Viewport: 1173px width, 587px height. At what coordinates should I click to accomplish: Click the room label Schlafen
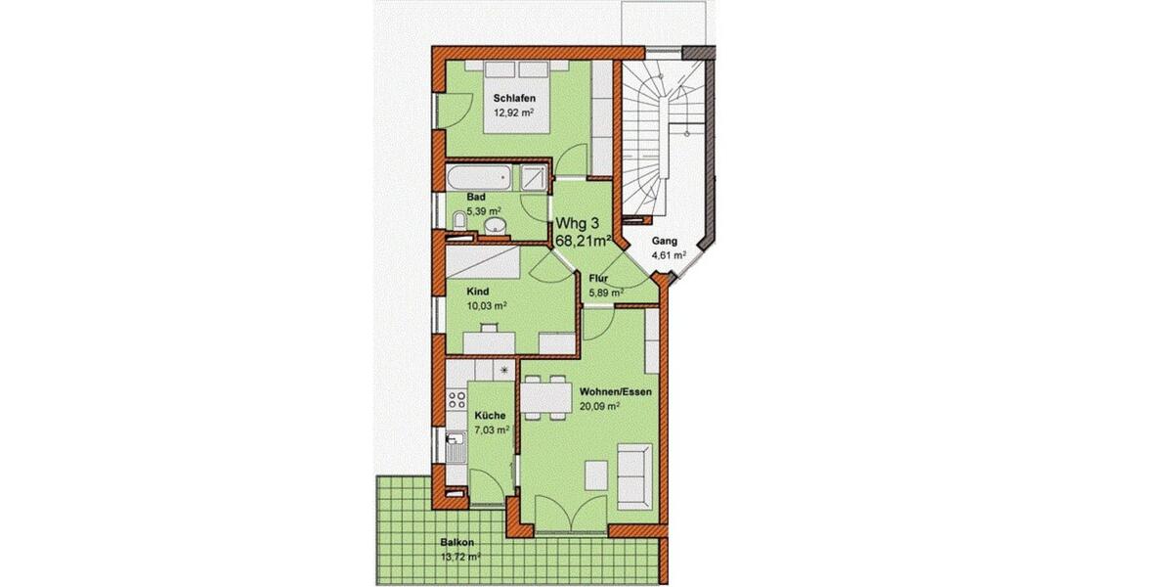(x=513, y=99)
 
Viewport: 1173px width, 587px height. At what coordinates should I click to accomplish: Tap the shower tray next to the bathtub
(x=534, y=178)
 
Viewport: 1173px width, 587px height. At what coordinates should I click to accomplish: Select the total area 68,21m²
(x=585, y=238)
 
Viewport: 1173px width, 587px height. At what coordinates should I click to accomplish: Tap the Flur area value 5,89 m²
(x=606, y=292)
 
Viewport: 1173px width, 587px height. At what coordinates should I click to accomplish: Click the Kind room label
(x=478, y=292)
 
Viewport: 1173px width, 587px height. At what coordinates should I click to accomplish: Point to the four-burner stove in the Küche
(x=456, y=399)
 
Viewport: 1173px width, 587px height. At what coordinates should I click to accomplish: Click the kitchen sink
(x=455, y=453)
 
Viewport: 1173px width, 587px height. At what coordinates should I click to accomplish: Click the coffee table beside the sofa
(x=596, y=474)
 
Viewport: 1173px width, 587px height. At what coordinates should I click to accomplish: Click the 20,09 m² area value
(x=600, y=406)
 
